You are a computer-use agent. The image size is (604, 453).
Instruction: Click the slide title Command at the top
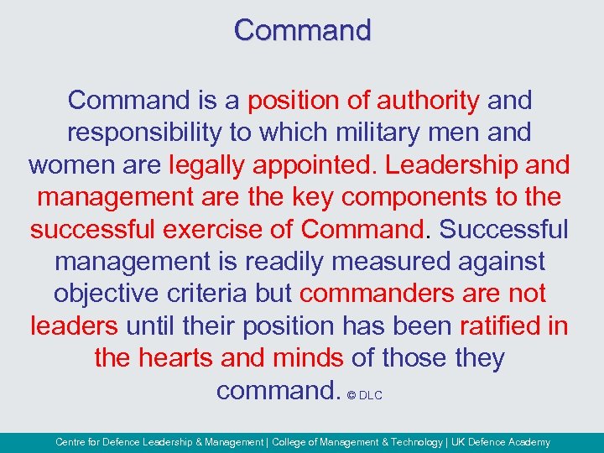click(302, 30)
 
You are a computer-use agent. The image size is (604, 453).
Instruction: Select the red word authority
click(428, 101)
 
